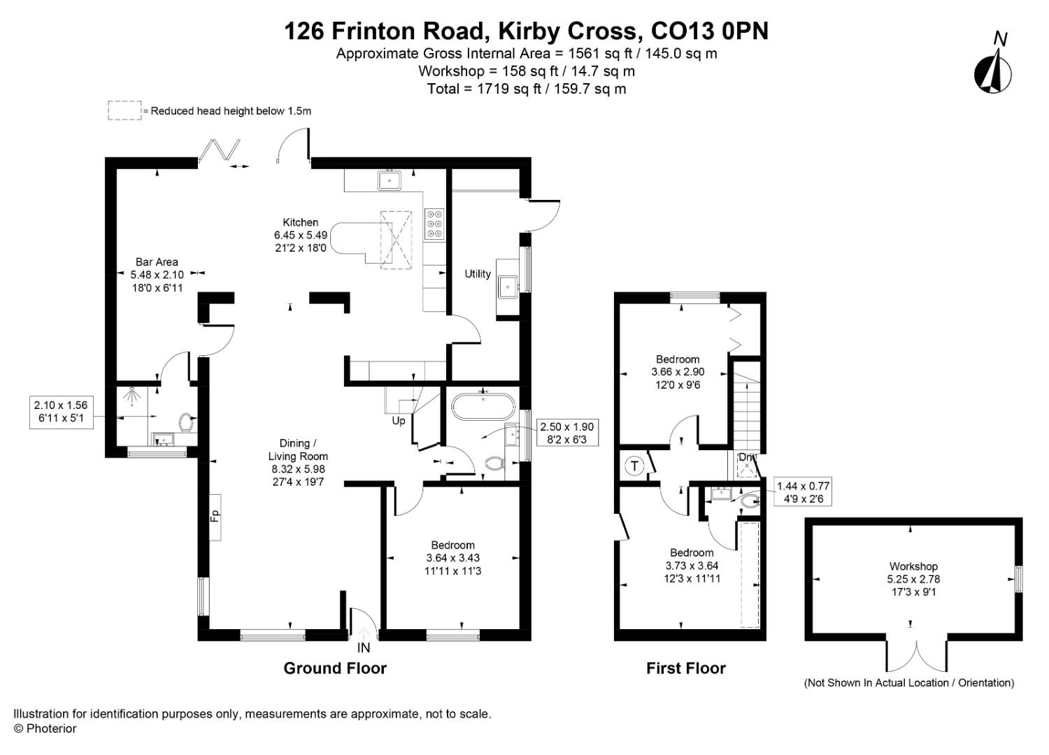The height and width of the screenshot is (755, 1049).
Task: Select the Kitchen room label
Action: tap(301, 222)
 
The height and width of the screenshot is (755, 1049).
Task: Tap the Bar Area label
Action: tap(157, 262)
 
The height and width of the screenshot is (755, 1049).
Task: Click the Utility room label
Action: tap(478, 274)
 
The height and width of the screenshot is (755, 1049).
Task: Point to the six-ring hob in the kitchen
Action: tap(434, 224)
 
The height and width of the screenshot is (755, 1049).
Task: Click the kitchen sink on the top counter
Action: tap(388, 180)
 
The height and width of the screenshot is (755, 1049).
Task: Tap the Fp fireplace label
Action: tap(215, 517)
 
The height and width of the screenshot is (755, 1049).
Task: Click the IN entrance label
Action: tap(364, 648)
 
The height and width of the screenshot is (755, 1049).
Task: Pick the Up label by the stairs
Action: tap(398, 421)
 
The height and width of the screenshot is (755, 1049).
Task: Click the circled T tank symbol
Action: tap(634, 466)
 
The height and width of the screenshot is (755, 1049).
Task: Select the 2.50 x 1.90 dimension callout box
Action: tap(566, 433)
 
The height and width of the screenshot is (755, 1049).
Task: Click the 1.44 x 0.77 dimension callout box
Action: tap(803, 492)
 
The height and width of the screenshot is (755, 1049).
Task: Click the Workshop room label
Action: tap(913, 566)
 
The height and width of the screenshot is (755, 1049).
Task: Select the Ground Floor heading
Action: tap(335, 668)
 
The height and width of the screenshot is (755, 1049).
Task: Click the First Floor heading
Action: tap(685, 668)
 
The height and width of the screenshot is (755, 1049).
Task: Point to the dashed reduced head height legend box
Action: tap(124, 110)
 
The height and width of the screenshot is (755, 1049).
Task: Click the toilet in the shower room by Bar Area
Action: tap(186, 422)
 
